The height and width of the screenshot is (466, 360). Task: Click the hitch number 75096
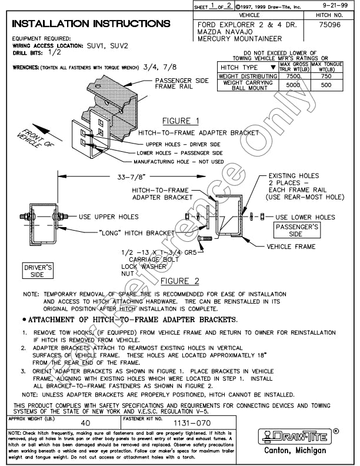click(328, 25)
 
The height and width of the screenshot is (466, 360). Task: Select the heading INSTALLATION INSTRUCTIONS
click(91, 24)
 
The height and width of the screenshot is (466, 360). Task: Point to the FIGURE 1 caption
click(181, 121)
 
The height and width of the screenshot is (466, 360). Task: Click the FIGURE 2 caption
click(181, 281)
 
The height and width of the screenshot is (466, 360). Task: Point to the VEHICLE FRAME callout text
click(291, 247)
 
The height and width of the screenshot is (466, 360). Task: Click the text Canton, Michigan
click(295, 451)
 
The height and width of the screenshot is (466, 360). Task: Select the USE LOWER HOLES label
click(307, 217)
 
